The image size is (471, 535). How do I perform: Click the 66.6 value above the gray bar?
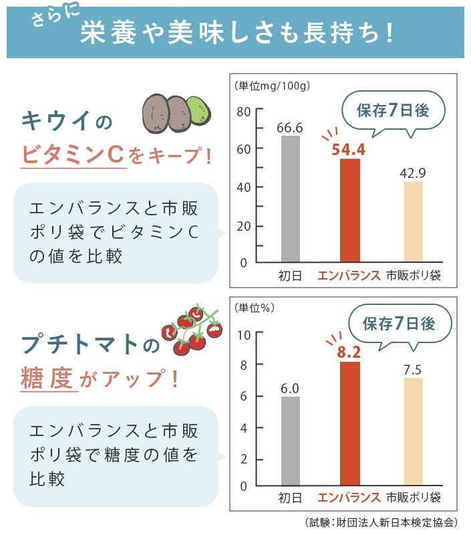(290, 127)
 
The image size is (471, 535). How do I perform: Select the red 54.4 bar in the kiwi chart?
(349, 210)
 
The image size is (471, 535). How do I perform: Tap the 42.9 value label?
(413, 173)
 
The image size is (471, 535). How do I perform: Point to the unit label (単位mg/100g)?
(272, 86)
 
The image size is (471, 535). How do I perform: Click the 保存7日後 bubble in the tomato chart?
(398, 324)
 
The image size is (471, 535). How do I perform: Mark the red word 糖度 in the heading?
(47, 379)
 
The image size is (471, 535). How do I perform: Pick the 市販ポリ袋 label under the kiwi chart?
(414, 276)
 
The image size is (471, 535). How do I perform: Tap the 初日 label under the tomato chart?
(290, 498)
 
